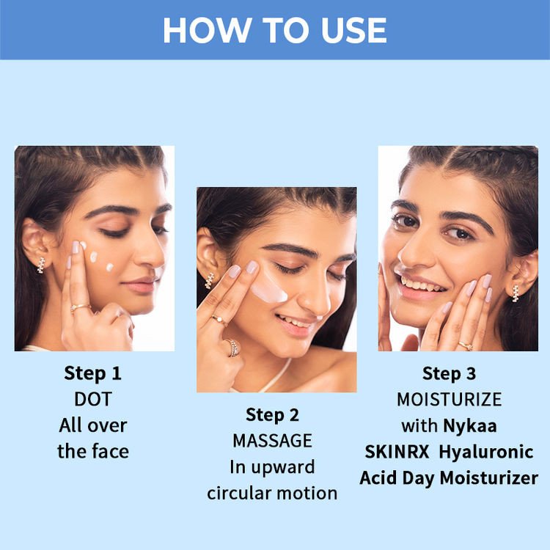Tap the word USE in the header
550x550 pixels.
353,31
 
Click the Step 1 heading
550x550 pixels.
92,373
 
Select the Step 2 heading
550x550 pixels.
272,415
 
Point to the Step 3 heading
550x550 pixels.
449,373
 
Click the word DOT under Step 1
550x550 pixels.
93,399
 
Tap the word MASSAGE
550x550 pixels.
272,441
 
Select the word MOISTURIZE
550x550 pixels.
450,400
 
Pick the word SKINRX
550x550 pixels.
397,452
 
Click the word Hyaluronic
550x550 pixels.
486,452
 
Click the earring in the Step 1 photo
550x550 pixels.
41,265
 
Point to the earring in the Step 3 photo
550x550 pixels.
516,293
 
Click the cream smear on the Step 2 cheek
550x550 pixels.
268,291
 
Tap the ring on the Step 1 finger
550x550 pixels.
80,307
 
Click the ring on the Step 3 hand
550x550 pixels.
466,346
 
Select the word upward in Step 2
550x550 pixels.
283,468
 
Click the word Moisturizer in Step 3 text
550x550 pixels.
488,478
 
